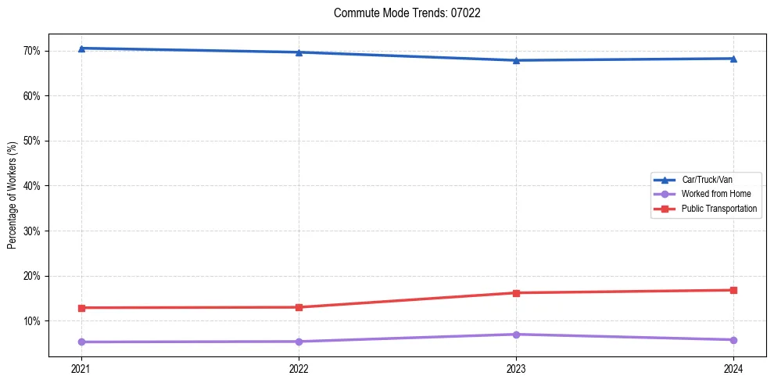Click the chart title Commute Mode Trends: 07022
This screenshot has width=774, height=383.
tap(407, 13)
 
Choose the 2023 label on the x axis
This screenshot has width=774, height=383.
tap(516, 368)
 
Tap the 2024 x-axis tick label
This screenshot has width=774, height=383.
tap(733, 368)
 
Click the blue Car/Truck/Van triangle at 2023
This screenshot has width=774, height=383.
tap(516, 60)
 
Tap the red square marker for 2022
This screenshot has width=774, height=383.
tap(299, 307)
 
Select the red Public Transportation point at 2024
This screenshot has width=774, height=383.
tap(733, 290)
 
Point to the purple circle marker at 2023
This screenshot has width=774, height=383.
tap(516, 335)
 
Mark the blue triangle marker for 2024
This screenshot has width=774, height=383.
tap(733, 59)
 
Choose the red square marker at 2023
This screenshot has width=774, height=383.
tap(516, 293)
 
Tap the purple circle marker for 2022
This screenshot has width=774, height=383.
tap(299, 342)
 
